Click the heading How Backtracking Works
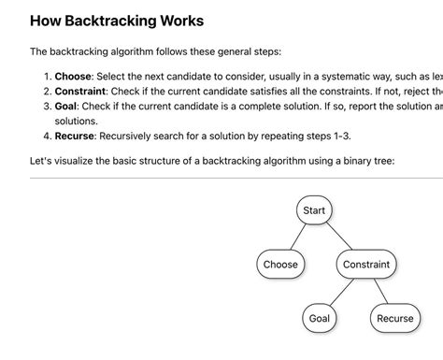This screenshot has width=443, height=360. click(117, 20)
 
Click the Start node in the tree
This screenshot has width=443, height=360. click(314, 210)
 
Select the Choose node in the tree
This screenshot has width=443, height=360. click(280, 265)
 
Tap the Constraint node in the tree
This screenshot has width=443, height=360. click(366, 265)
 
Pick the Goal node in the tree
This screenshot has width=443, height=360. click(320, 319)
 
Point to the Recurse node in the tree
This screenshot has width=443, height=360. click(394, 319)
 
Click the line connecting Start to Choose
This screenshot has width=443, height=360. click(298, 237)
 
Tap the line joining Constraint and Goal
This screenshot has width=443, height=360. click(344, 291)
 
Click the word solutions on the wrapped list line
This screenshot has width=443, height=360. click(76, 122)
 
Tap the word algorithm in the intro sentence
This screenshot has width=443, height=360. click(145, 51)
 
